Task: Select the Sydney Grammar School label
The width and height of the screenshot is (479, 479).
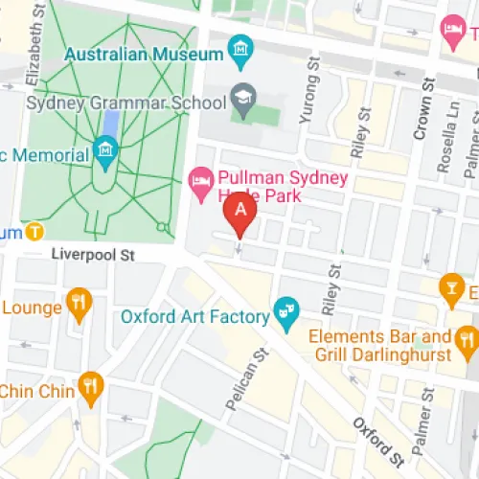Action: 112,102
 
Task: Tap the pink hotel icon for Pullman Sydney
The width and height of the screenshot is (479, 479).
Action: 200,177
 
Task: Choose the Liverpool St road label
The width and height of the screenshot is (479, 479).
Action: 96,256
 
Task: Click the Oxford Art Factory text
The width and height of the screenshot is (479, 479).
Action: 195,315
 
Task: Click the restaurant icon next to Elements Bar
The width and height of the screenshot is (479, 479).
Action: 467,338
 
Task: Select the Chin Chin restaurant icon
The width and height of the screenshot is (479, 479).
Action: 91,384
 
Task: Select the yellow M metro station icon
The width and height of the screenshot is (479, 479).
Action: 35,232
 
